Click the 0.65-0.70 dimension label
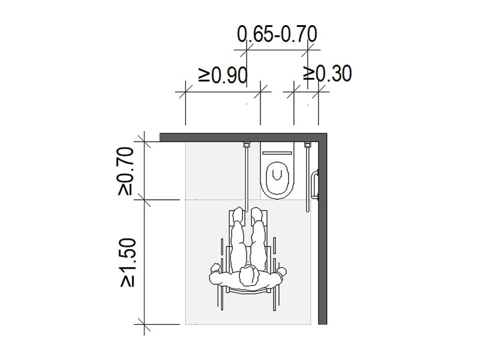pos(277,34)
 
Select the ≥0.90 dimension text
pos(223,75)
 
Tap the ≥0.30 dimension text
pos(327,73)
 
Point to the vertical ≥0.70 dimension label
pos(126,172)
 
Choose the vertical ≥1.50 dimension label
pos(128,263)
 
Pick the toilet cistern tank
pos(277,152)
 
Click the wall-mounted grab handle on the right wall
pos(314,185)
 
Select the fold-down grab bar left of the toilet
pos(246,177)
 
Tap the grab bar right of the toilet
pos(307,177)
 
